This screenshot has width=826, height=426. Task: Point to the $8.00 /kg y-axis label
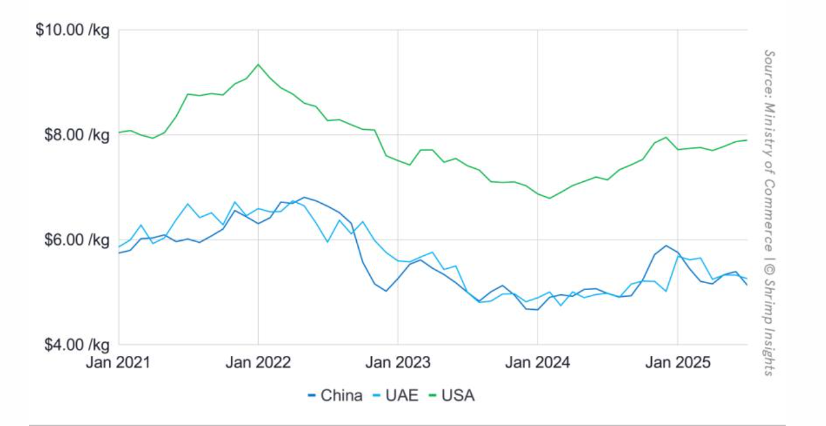point(74,134)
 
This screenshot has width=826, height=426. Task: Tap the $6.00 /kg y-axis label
point(74,239)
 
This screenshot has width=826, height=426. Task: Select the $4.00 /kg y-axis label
point(74,343)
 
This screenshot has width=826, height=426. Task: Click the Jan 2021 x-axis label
point(118,362)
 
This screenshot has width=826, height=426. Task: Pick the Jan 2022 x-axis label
point(258,362)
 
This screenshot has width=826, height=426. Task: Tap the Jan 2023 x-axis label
point(398,362)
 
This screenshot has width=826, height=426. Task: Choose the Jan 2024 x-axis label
point(537,362)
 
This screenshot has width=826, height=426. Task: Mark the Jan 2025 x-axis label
point(678,362)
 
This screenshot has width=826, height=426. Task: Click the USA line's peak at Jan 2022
point(258,64)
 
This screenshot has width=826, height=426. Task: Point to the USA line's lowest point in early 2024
point(550,198)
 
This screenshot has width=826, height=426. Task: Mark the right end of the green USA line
point(747,140)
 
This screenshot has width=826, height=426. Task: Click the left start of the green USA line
point(119,132)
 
